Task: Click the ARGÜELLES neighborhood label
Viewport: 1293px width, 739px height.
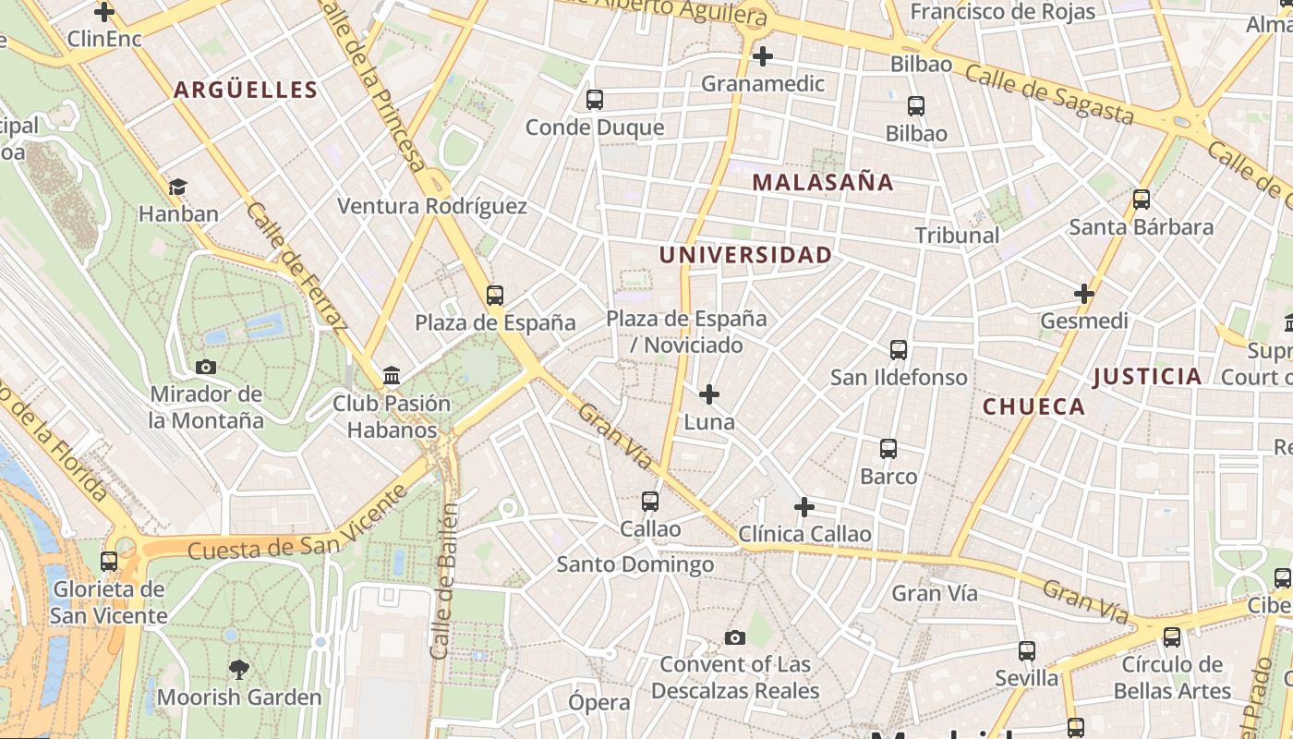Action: (246, 90)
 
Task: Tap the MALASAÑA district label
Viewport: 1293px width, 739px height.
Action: (823, 182)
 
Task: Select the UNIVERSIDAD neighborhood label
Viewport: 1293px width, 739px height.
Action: (745, 255)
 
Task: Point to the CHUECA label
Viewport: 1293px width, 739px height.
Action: (1033, 406)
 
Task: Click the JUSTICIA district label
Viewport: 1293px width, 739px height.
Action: (1147, 376)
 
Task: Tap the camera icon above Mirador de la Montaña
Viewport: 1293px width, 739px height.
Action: (206, 367)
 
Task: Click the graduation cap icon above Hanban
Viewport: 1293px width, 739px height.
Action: (177, 187)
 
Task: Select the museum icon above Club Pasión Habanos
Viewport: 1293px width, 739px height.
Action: (392, 376)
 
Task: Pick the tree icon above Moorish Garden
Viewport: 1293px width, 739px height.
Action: (239, 670)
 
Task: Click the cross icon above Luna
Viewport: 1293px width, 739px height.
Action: (708, 395)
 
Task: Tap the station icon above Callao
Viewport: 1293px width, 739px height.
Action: (650, 502)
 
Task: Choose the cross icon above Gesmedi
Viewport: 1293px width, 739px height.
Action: (1083, 295)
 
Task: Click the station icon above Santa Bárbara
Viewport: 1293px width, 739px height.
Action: (1142, 199)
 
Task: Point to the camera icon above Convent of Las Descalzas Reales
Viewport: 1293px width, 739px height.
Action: (735, 637)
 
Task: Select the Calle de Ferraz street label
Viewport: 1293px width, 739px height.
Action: (297, 268)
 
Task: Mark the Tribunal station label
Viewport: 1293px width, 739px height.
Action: (957, 236)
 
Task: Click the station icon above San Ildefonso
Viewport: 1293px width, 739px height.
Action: (899, 350)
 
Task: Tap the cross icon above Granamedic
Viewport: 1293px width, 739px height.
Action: (762, 57)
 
